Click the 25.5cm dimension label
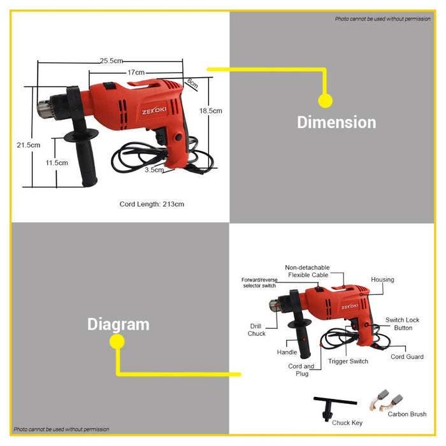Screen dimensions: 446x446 pyautogui.click(x=111, y=61)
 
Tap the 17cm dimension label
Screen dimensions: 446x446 pyautogui.click(x=136, y=72)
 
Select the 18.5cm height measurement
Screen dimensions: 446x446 pyautogui.click(x=210, y=111)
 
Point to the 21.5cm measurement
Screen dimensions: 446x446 pyautogui.click(x=29, y=145)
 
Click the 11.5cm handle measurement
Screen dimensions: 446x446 pyautogui.click(x=57, y=162)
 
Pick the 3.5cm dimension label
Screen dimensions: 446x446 pyautogui.click(x=154, y=170)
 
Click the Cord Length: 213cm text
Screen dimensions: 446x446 pyautogui.click(x=152, y=204)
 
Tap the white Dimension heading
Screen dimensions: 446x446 pyautogui.click(x=336, y=122)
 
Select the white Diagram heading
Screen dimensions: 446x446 pyautogui.click(x=119, y=324)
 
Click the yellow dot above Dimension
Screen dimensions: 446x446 pyautogui.click(x=325, y=101)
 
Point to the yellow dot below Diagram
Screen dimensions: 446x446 pyautogui.click(x=117, y=342)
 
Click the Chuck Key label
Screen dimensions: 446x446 pyautogui.click(x=347, y=422)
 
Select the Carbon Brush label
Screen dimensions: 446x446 pyautogui.click(x=406, y=414)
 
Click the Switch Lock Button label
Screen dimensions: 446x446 pyautogui.click(x=403, y=324)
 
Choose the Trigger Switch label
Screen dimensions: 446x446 pyautogui.click(x=348, y=361)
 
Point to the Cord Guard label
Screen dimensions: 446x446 pyautogui.click(x=406, y=357)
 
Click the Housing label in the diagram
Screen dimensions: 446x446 pyautogui.click(x=382, y=280)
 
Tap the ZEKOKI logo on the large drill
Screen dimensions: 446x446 pyautogui.click(x=154, y=110)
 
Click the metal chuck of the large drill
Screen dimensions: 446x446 pyautogui.click(x=45, y=109)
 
